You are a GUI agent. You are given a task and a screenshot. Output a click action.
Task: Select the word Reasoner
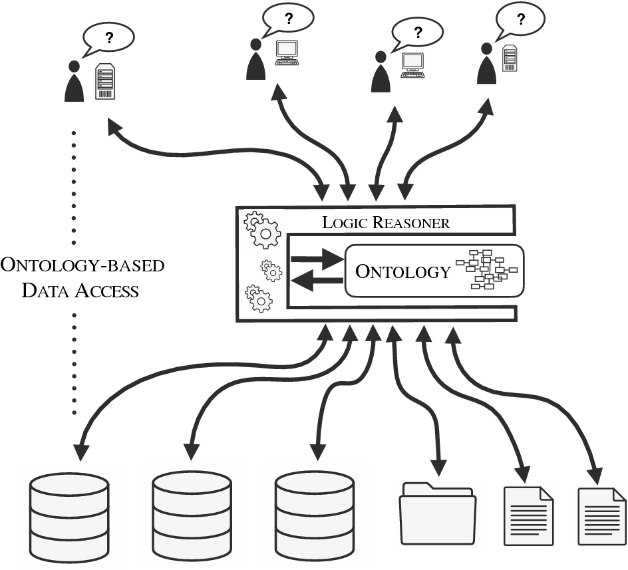pos(410,222)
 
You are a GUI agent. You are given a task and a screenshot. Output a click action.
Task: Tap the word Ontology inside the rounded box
pos(403,271)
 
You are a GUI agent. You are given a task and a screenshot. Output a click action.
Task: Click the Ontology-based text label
pos(82,265)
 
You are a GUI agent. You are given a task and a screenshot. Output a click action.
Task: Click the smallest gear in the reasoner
pos(271,270)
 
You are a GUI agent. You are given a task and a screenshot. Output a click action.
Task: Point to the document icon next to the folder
pos(528,515)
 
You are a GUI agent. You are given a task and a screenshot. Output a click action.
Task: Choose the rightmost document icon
pos(601,517)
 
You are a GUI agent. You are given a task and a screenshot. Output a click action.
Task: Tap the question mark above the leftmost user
pos(109,39)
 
